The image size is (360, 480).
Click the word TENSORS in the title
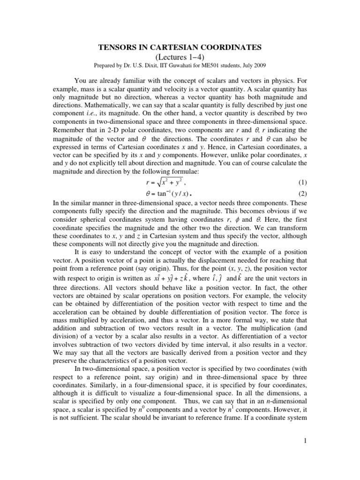click(115, 47)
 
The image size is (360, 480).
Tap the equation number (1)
click(305, 183)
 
